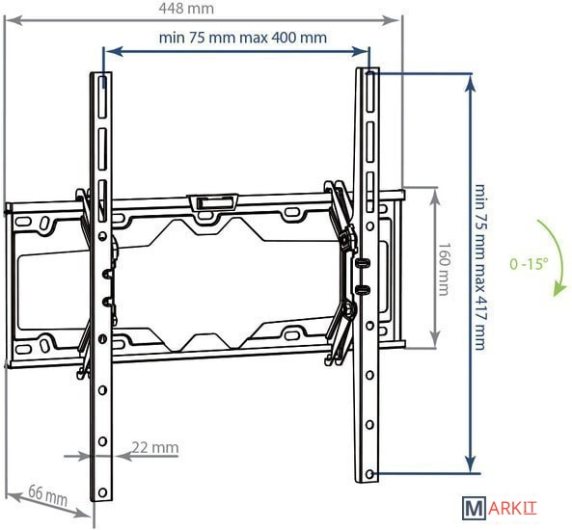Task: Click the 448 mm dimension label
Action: click(x=186, y=9)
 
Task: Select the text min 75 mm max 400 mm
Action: click(x=243, y=38)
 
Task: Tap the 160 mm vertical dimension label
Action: click(x=443, y=269)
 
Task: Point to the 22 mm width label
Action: click(x=155, y=447)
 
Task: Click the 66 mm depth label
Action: click(x=48, y=494)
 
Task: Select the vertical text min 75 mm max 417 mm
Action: click(x=479, y=267)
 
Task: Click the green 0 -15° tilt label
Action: click(x=529, y=263)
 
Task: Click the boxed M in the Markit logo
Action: click(x=474, y=508)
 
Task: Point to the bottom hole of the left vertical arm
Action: click(x=102, y=492)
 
